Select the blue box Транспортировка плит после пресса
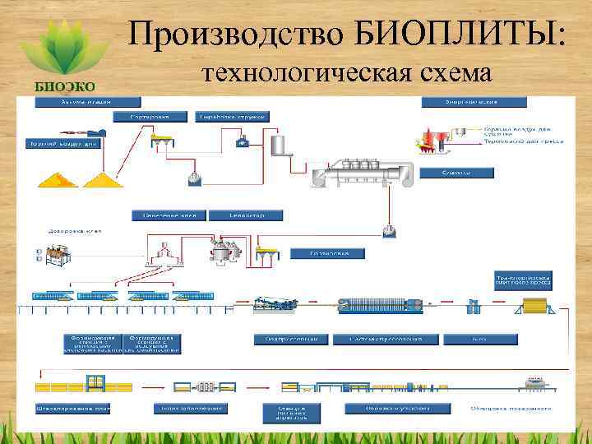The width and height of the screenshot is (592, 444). [522, 280]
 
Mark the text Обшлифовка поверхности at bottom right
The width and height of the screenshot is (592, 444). [516, 406]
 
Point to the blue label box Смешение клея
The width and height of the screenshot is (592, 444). [168, 215]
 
